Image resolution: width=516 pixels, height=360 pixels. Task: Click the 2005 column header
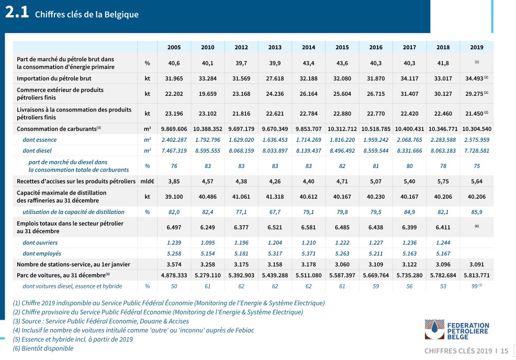pos(174,47)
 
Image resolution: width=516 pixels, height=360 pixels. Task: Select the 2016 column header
pos(375,47)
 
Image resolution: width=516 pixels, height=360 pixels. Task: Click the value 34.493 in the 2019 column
pos(474,78)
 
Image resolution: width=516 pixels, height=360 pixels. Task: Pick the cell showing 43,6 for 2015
pos(342,63)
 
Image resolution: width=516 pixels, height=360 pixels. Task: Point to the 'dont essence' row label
pos(40,140)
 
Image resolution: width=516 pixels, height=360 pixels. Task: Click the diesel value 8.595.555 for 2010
pos(208,150)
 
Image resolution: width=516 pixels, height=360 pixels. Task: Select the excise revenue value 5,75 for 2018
pos(443,181)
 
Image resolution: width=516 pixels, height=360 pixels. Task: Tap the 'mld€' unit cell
pos(147,181)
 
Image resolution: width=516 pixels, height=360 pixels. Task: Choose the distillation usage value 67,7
pos(275,212)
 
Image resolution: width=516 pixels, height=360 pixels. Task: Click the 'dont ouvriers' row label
pos(40,243)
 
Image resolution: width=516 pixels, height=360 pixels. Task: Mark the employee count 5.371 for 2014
pos(308,253)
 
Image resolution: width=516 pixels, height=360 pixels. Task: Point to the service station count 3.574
pos(174,264)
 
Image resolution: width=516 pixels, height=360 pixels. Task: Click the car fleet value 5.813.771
pos(476,275)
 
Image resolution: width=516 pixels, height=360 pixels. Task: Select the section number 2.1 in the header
pos(17,14)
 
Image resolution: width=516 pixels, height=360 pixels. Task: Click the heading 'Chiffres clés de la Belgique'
pos(87,15)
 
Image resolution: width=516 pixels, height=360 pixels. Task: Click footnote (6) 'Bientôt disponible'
pos(43,348)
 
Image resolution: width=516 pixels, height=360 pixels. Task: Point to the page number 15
pos(504,351)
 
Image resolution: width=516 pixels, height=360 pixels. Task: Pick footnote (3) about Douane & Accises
pos(101,321)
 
